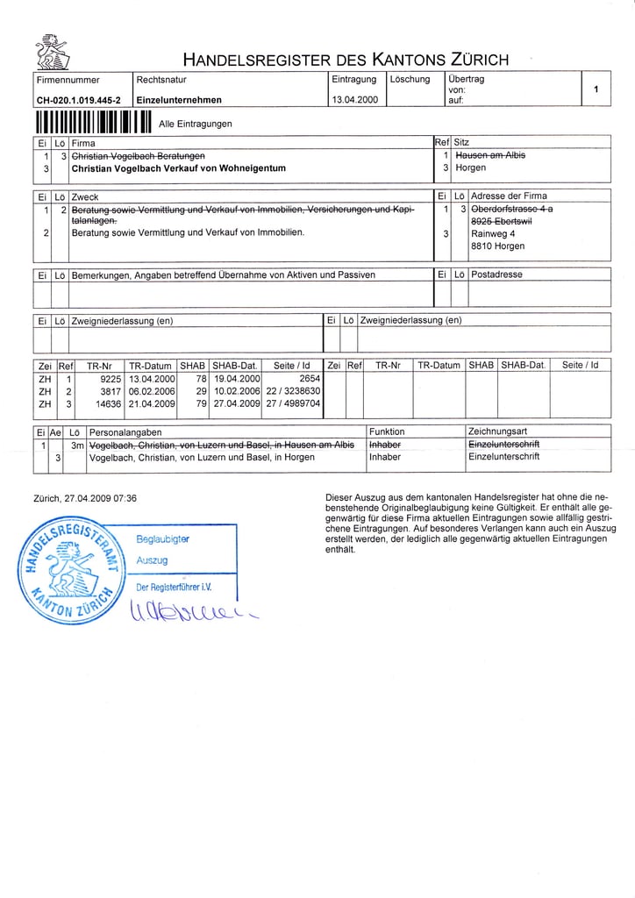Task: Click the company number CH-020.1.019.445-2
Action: click(x=78, y=100)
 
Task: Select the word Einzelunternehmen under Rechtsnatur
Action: click(x=179, y=100)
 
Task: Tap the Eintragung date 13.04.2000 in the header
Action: click(x=354, y=100)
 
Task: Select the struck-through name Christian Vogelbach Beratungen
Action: click(x=139, y=154)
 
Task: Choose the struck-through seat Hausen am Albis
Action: click(x=490, y=154)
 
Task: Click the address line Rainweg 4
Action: click(x=493, y=234)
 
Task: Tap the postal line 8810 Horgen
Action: click(x=496, y=246)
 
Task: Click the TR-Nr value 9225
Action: click(x=111, y=378)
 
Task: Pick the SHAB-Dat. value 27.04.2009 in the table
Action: click(x=236, y=403)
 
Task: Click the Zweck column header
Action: click(x=85, y=196)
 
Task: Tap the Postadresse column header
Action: click(x=496, y=274)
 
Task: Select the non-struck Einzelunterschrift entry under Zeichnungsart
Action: click(x=504, y=457)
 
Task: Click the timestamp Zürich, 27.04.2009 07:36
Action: click(x=84, y=498)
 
